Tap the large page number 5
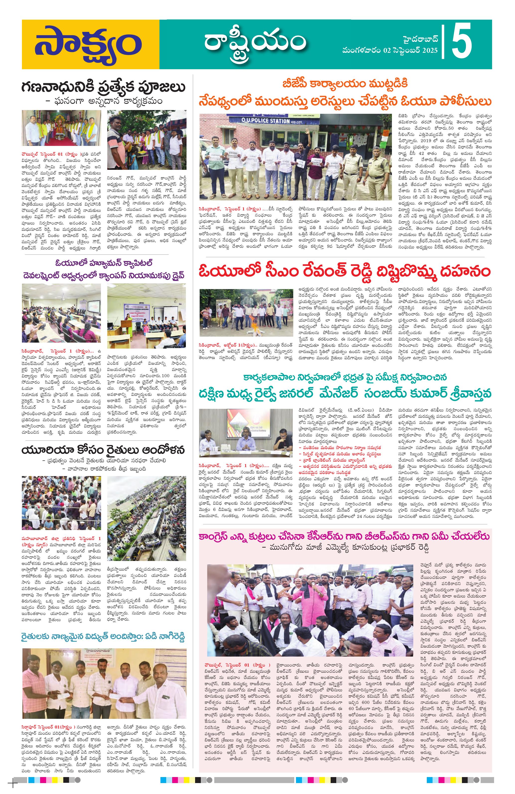point(462,42)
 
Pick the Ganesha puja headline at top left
point(103,87)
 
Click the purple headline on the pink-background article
point(344,536)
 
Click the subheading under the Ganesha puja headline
point(103,100)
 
